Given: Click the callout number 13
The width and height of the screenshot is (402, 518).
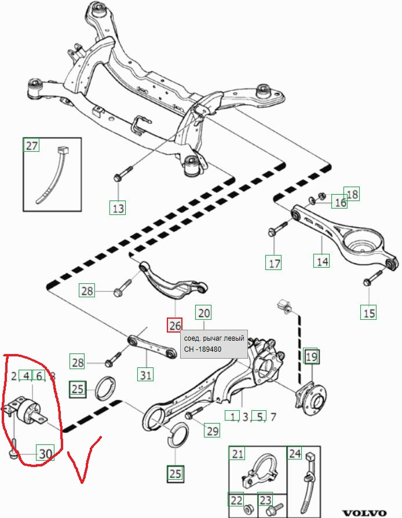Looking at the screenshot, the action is (118, 208).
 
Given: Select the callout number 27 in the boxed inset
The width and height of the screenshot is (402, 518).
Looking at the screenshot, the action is (31, 145).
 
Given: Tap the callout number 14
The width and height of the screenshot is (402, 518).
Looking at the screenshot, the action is (322, 261).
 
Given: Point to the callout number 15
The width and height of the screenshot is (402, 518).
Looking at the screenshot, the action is (368, 312).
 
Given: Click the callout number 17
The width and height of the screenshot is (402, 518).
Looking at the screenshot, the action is (275, 263).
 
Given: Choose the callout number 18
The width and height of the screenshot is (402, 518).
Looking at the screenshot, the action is (352, 194).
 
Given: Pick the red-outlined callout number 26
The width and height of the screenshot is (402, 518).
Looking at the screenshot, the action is (174, 326).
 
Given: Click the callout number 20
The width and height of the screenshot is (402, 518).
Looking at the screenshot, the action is (203, 312).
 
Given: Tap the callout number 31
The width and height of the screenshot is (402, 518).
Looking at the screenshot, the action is (145, 375).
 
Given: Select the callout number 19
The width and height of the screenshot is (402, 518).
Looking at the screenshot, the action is (311, 356).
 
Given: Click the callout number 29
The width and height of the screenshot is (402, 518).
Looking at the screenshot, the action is (212, 431).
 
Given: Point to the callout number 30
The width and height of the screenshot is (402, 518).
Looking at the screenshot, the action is (45, 454).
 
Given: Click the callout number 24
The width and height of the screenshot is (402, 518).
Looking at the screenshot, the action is (295, 454).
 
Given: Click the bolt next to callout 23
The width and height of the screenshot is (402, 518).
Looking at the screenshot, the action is (274, 508).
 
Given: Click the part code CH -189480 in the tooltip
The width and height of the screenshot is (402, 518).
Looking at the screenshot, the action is (203, 349).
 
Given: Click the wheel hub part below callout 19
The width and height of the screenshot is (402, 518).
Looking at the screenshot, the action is (312, 399).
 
